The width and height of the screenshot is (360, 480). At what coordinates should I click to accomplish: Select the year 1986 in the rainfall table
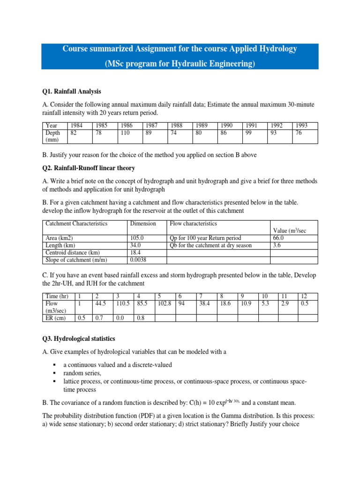(x=126, y=126)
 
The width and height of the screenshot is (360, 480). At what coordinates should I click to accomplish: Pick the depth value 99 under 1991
(x=249, y=133)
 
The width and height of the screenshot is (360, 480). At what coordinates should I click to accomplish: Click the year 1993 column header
(x=301, y=126)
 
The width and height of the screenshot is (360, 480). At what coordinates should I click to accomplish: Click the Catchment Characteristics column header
(x=76, y=224)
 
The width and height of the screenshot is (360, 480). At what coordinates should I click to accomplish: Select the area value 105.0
(x=137, y=238)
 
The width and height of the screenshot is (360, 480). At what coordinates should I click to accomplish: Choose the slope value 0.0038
(x=139, y=260)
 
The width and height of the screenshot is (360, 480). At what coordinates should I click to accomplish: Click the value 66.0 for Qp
(x=279, y=238)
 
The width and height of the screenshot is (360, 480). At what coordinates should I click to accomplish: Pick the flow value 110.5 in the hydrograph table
(x=123, y=303)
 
